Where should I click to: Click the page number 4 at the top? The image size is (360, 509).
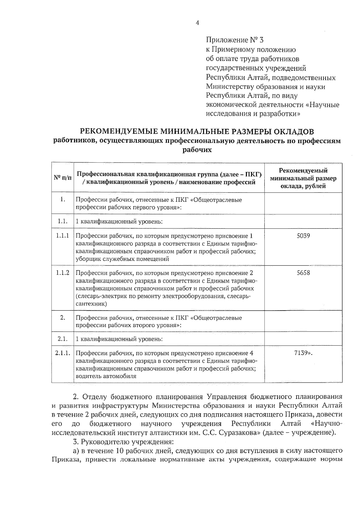tap(197, 23)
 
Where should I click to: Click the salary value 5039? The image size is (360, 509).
tap(303, 236)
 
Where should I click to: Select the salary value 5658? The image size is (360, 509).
tap(303, 273)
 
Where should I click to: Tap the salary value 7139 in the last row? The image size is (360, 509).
tap(302, 353)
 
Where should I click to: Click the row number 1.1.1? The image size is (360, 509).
tap(62, 236)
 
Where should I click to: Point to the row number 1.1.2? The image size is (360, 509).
tap(62, 273)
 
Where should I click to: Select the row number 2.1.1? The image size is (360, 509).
tap(63, 353)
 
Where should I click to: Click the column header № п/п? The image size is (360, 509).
tap(62, 177)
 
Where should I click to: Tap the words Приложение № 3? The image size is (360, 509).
tap(235, 40)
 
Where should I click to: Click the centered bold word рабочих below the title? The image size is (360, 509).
tap(197, 150)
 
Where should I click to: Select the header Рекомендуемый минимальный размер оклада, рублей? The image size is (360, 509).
tap(303, 178)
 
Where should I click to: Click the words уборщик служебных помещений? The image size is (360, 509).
tap(122, 259)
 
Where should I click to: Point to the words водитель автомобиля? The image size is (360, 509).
tap(106, 376)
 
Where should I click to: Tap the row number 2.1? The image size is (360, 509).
tap(62, 339)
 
